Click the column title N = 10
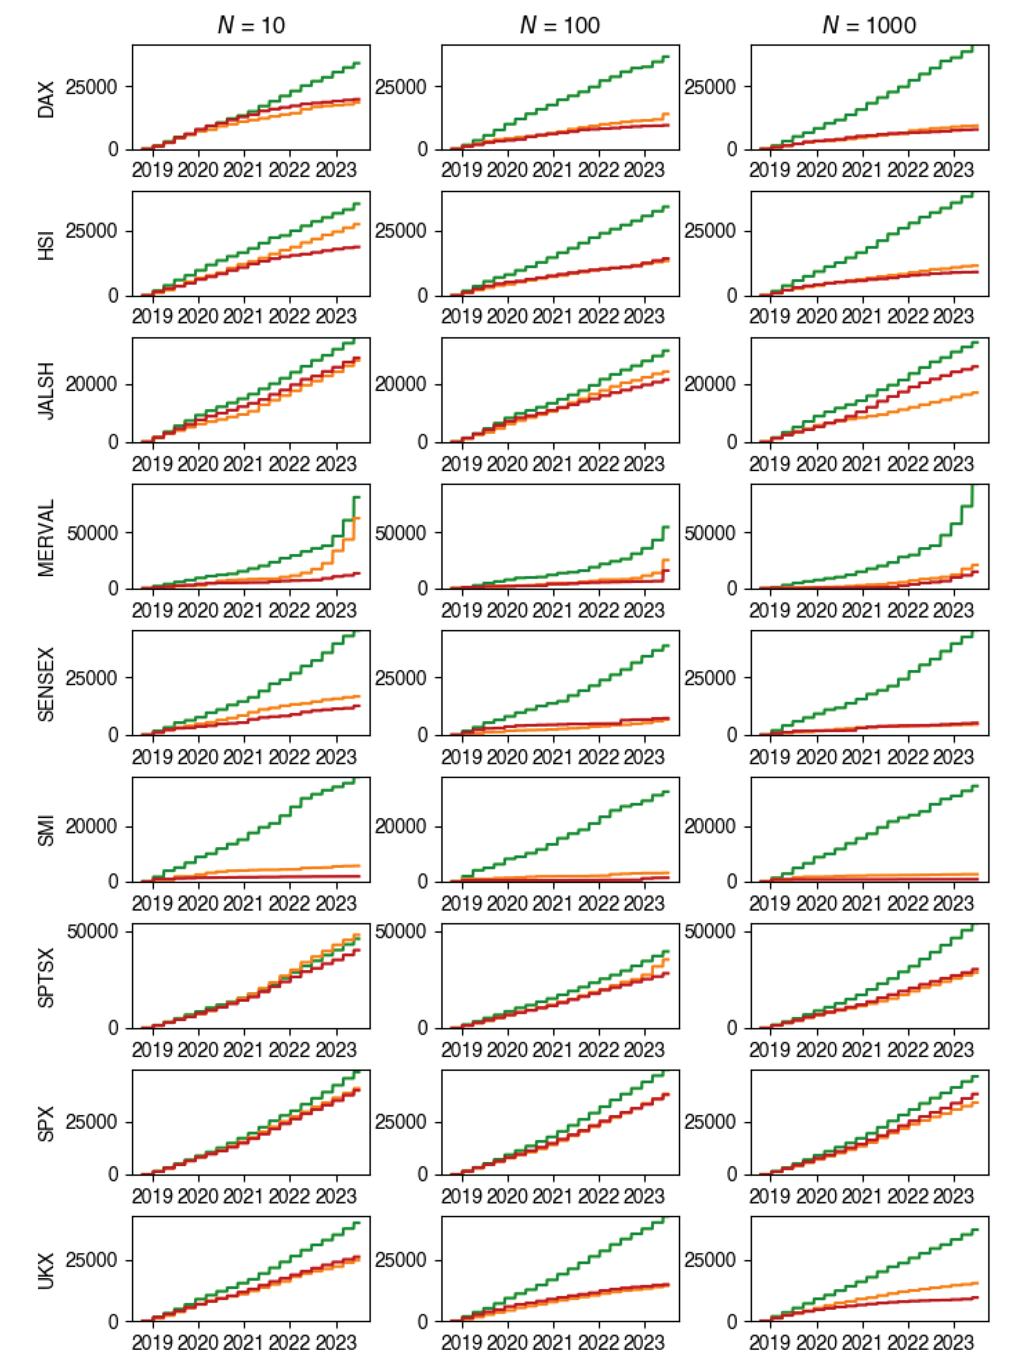[251, 25]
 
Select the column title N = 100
[560, 25]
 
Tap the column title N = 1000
[869, 25]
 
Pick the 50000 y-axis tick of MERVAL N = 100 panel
[400, 533]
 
